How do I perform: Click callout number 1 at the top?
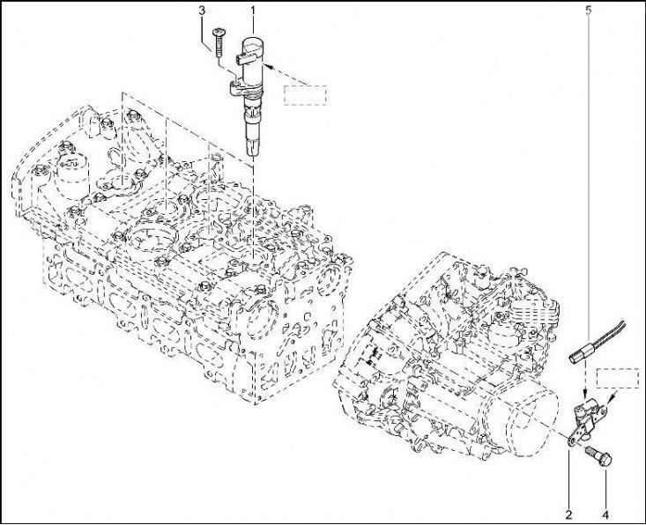(253, 10)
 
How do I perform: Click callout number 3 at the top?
(202, 11)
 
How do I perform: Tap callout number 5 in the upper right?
(588, 11)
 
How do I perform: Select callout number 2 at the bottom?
(569, 514)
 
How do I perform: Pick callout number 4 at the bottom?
(605, 514)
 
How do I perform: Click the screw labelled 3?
(219, 42)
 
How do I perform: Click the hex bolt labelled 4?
(599, 456)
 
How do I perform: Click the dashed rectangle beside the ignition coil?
(305, 95)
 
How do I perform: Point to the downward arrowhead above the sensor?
(586, 396)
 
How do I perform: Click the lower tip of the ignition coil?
(253, 154)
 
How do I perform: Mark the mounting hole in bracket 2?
(572, 441)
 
